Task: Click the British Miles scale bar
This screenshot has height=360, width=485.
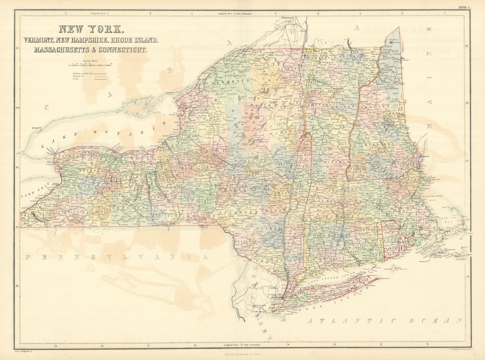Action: (90, 65)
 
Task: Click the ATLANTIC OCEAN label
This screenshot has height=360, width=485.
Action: (384, 321)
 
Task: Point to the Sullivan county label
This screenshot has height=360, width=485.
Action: (249, 241)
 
